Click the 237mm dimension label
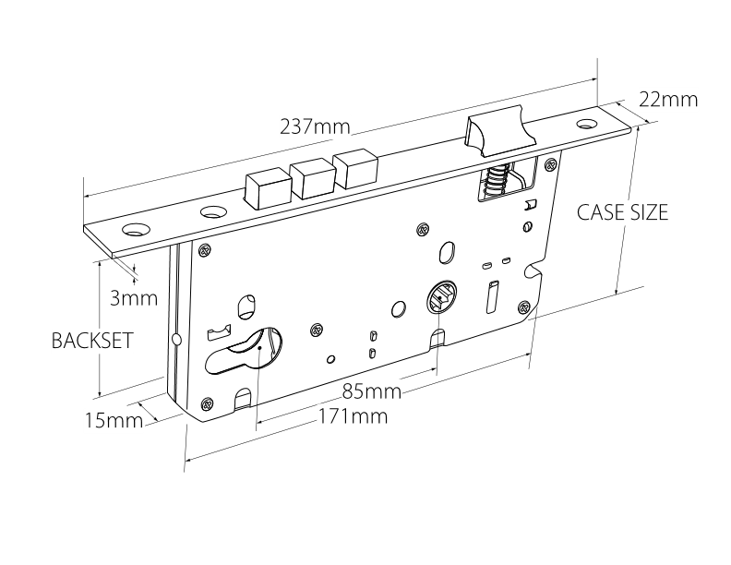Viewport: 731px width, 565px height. pyautogui.click(x=316, y=126)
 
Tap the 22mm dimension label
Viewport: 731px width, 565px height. pyautogui.click(x=668, y=100)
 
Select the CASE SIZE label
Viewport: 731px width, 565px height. pyautogui.click(x=622, y=212)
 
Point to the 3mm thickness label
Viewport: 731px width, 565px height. pyautogui.click(x=134, y=298)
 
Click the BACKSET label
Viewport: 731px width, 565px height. pyautogui.click(x=92, y=341)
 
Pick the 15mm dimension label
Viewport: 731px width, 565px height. pyautogui.click(x=114, y=421)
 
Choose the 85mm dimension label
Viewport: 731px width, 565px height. pyautogui.click(x=372, y=391)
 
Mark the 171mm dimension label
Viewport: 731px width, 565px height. pyautogui.click(x=353, y=416)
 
